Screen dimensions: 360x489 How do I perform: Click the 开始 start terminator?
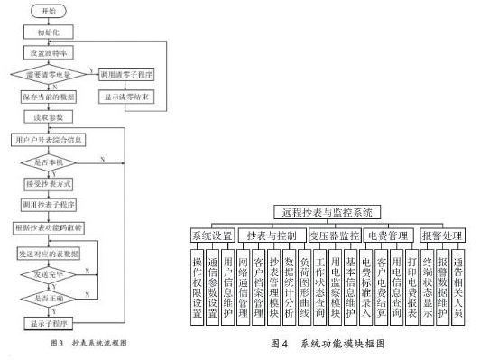(x=56, y=10)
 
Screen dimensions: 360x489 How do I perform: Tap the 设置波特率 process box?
(x=56, y=52)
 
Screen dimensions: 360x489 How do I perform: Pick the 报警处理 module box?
(x=443, y=235)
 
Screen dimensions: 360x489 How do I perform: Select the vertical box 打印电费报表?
(x=411, y=282)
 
